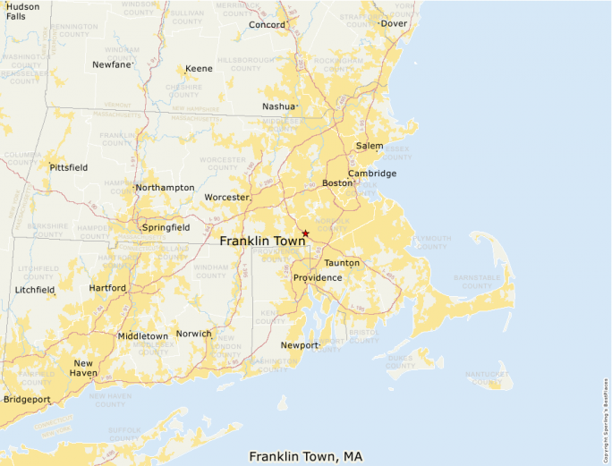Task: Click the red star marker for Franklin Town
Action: [305, 233]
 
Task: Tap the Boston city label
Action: [337, 183]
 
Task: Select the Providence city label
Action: [318, 278]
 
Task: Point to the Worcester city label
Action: [225, 197]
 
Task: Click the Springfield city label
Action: [166, 228]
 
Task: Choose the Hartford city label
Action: [107, 288]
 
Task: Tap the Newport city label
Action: [299, 345]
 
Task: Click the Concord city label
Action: [266, 25]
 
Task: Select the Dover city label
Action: [394, 24]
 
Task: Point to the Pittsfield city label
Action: [69, 167]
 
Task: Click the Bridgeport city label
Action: [27, 399]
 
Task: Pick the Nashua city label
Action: [278, 106]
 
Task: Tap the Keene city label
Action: [199, 69]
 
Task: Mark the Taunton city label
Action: [342, 263]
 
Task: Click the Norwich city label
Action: [193, 334]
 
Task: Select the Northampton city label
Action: [165, 188]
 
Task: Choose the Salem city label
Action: [370, 146]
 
